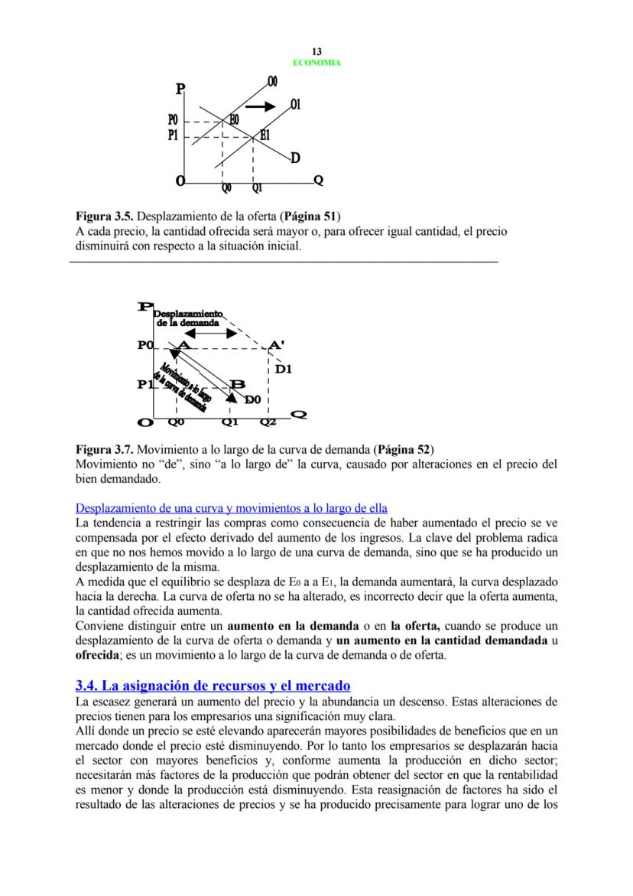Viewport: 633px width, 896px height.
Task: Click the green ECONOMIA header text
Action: [x=316, y=63]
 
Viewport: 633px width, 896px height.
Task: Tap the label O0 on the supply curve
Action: [x=272, y=82]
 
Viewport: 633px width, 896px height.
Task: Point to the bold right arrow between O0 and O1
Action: [x=259, y=106]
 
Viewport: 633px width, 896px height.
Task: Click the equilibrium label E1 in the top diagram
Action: [x=265, y=135]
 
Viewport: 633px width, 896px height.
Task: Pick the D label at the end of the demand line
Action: [x=295, y=158]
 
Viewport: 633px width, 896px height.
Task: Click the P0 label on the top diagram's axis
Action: [x=174, y=121]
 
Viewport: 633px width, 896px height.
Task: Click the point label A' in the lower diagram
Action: [x=277, y=345]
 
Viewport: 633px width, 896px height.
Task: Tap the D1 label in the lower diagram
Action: [x=284, y=369]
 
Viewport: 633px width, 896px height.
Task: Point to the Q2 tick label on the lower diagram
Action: [x=268, y=421]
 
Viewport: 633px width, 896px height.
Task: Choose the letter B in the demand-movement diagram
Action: [x=237, y=384]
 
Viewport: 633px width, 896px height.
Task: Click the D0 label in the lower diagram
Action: [x=253, y=399]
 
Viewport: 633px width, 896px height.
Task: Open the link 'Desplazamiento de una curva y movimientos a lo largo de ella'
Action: [x=231, y=508]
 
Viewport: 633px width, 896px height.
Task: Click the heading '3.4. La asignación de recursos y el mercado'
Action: [x=213, y=686]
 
